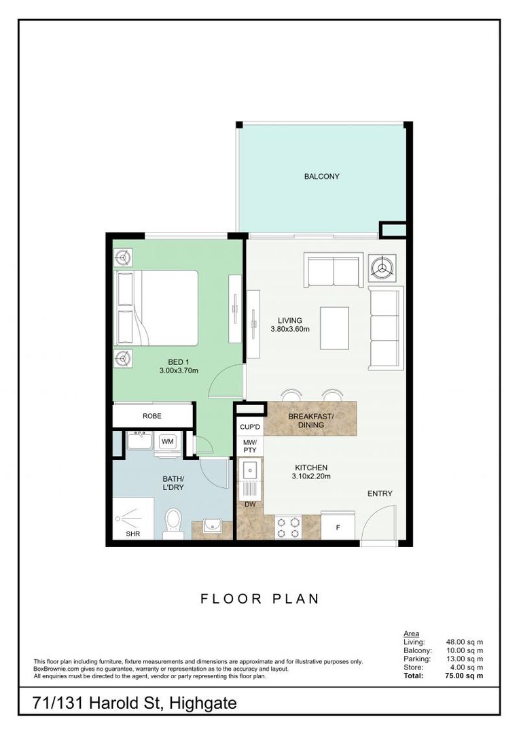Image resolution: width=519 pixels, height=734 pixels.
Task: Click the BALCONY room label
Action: coord(321,177)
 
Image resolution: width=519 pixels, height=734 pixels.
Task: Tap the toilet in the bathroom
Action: coord(173,523)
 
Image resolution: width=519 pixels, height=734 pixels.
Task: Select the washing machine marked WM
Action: coord(167,442)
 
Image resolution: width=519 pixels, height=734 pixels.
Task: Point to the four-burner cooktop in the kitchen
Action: coord(288,527)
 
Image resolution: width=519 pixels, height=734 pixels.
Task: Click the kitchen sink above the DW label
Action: coord(251,479)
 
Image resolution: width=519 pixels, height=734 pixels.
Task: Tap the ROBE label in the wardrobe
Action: coord(152,416)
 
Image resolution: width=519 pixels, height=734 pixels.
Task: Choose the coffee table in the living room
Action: coord(335,328)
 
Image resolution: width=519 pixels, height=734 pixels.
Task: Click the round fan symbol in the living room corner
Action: coord(382,268)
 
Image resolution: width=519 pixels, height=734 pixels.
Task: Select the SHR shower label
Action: coord(133,534)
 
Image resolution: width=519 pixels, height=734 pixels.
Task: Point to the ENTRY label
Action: coord(380,493)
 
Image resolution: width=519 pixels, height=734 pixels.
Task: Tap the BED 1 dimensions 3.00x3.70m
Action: coord(179,371)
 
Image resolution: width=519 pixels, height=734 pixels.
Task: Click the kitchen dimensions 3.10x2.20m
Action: coord(311,476)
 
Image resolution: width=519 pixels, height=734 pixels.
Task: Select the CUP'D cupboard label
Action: coord(250,427)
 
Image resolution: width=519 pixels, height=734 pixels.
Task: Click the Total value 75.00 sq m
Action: coord(464,676)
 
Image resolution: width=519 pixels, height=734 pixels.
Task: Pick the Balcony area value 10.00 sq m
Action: coord(465,650)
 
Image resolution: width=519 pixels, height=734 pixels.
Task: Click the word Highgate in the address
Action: coord(203,703)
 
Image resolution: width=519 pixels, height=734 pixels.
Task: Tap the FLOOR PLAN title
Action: coord(259,599)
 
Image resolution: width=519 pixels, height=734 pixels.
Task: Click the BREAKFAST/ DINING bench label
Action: coord(310,421)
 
